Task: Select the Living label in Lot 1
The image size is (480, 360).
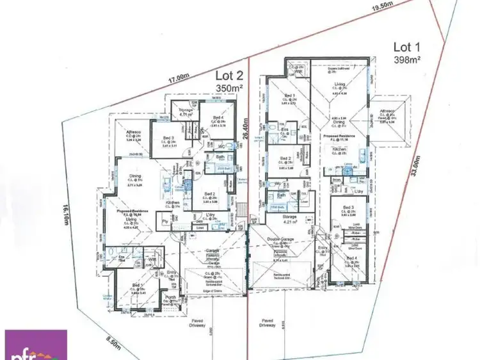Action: coord(339,83)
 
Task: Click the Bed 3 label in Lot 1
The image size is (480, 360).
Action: coord(349,208)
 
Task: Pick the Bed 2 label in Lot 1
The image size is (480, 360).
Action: coord(285,158)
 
